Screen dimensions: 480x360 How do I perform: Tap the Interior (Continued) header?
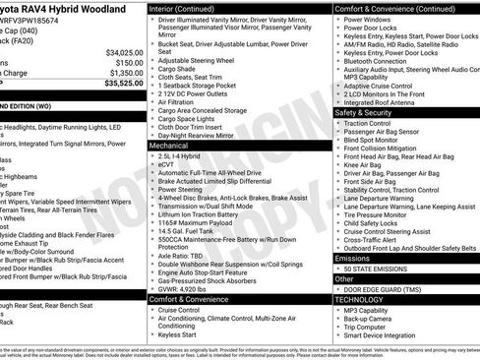tap(188, 7)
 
